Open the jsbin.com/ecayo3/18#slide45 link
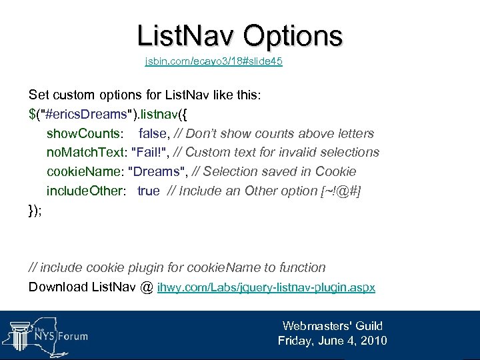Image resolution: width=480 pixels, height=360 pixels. tap(213, 62)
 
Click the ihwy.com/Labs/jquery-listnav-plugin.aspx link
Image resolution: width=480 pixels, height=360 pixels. tap(266, 288)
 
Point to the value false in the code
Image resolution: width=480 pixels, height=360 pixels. tap(153, 133)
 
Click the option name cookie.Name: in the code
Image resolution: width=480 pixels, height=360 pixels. tap(85, 171)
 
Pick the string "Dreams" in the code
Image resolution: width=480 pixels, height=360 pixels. tap(156, 171)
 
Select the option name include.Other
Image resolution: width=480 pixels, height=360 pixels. tap(85, 191)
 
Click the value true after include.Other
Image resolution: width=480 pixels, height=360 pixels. tap(149, 191)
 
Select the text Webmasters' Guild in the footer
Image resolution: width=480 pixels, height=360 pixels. tap(332, 326)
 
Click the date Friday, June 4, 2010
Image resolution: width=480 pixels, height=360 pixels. tap(332, 341)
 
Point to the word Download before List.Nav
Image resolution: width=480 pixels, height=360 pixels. tap(58, 287)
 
